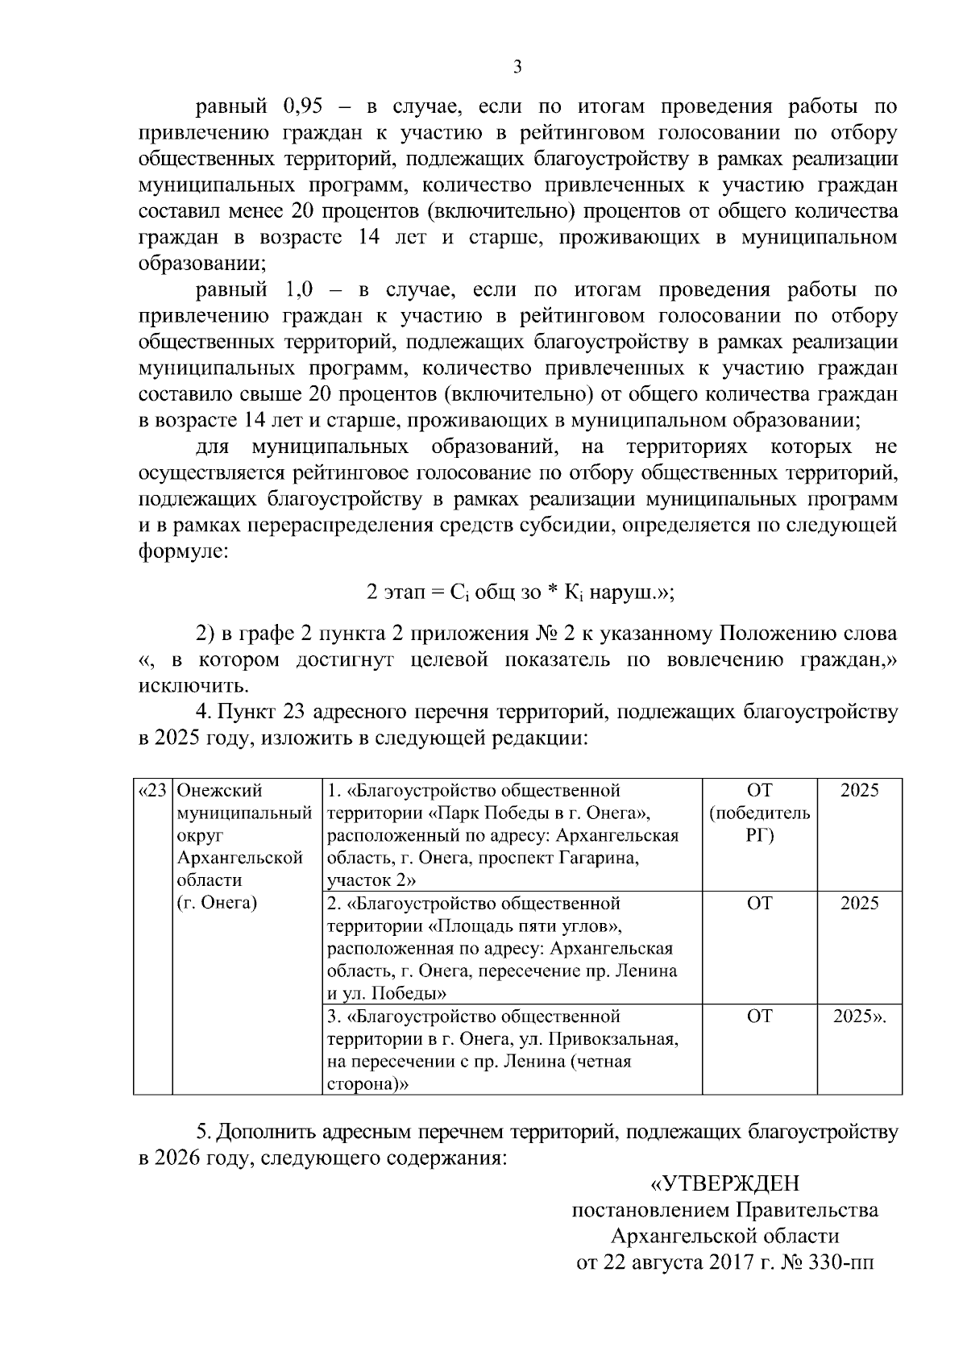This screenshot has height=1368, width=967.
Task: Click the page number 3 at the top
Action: coord(517,68)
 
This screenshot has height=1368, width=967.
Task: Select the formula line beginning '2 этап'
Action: coord(520,593)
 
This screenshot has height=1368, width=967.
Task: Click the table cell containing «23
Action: coord(152,790)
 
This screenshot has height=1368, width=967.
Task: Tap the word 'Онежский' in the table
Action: coord(219,790)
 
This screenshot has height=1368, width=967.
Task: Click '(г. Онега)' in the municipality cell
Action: coord(216,903)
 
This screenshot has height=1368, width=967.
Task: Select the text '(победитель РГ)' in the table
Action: coord(759,824)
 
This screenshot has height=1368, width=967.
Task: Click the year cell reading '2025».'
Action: coord(859,1017)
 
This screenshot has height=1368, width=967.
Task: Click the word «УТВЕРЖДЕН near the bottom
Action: coord(724,1183)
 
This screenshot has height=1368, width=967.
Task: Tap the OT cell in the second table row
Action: coord(759,903)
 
